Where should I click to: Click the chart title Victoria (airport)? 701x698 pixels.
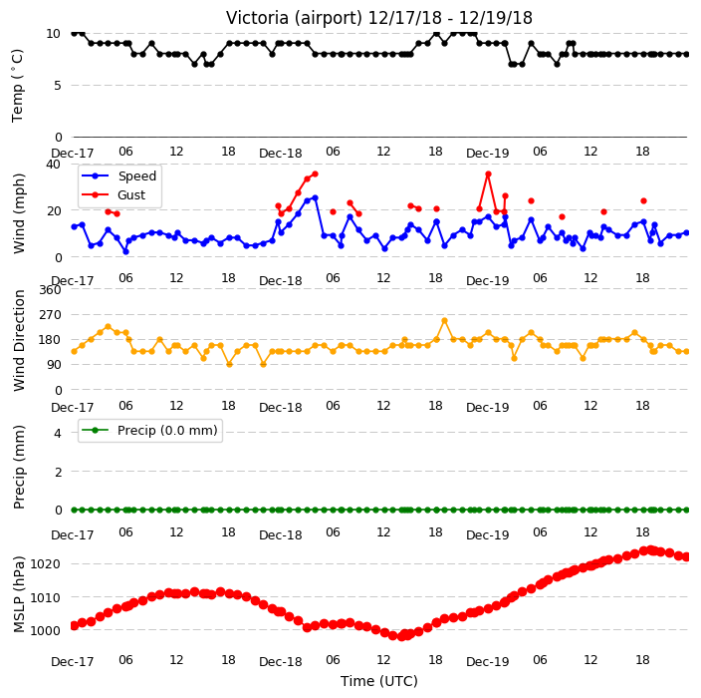click(x=294, y=18)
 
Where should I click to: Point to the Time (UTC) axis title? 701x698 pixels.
click(x=379, y=681)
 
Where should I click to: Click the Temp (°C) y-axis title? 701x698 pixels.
click(x=18, y=86)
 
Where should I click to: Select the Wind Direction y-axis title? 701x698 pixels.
click(x=19, y=341)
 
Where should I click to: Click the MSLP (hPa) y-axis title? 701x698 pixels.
click(x=19, y=594)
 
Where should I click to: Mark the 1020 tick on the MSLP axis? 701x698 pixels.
click(x=45, y=563)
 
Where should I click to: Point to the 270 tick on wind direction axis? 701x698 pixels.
click(x=50, y=315)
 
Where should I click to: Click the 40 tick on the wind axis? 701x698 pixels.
click(x=53, y=165)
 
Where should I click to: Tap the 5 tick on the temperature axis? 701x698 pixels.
click(x=57, y=85)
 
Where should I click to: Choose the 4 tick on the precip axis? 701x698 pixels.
click(x=58, y=433)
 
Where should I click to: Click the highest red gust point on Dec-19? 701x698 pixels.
click(x=488, y=174)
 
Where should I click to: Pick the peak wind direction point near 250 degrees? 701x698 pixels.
click(x=444, y=320)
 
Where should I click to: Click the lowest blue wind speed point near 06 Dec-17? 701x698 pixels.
click(x=126, y=251)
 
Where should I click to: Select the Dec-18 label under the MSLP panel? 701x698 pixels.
click(x=281, y=662)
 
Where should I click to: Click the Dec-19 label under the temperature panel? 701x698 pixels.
click(x=487, y=154)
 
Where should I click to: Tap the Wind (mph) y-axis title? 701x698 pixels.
click(x=19, y=213)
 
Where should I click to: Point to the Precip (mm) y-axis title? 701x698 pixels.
click(x=19, y=467)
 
